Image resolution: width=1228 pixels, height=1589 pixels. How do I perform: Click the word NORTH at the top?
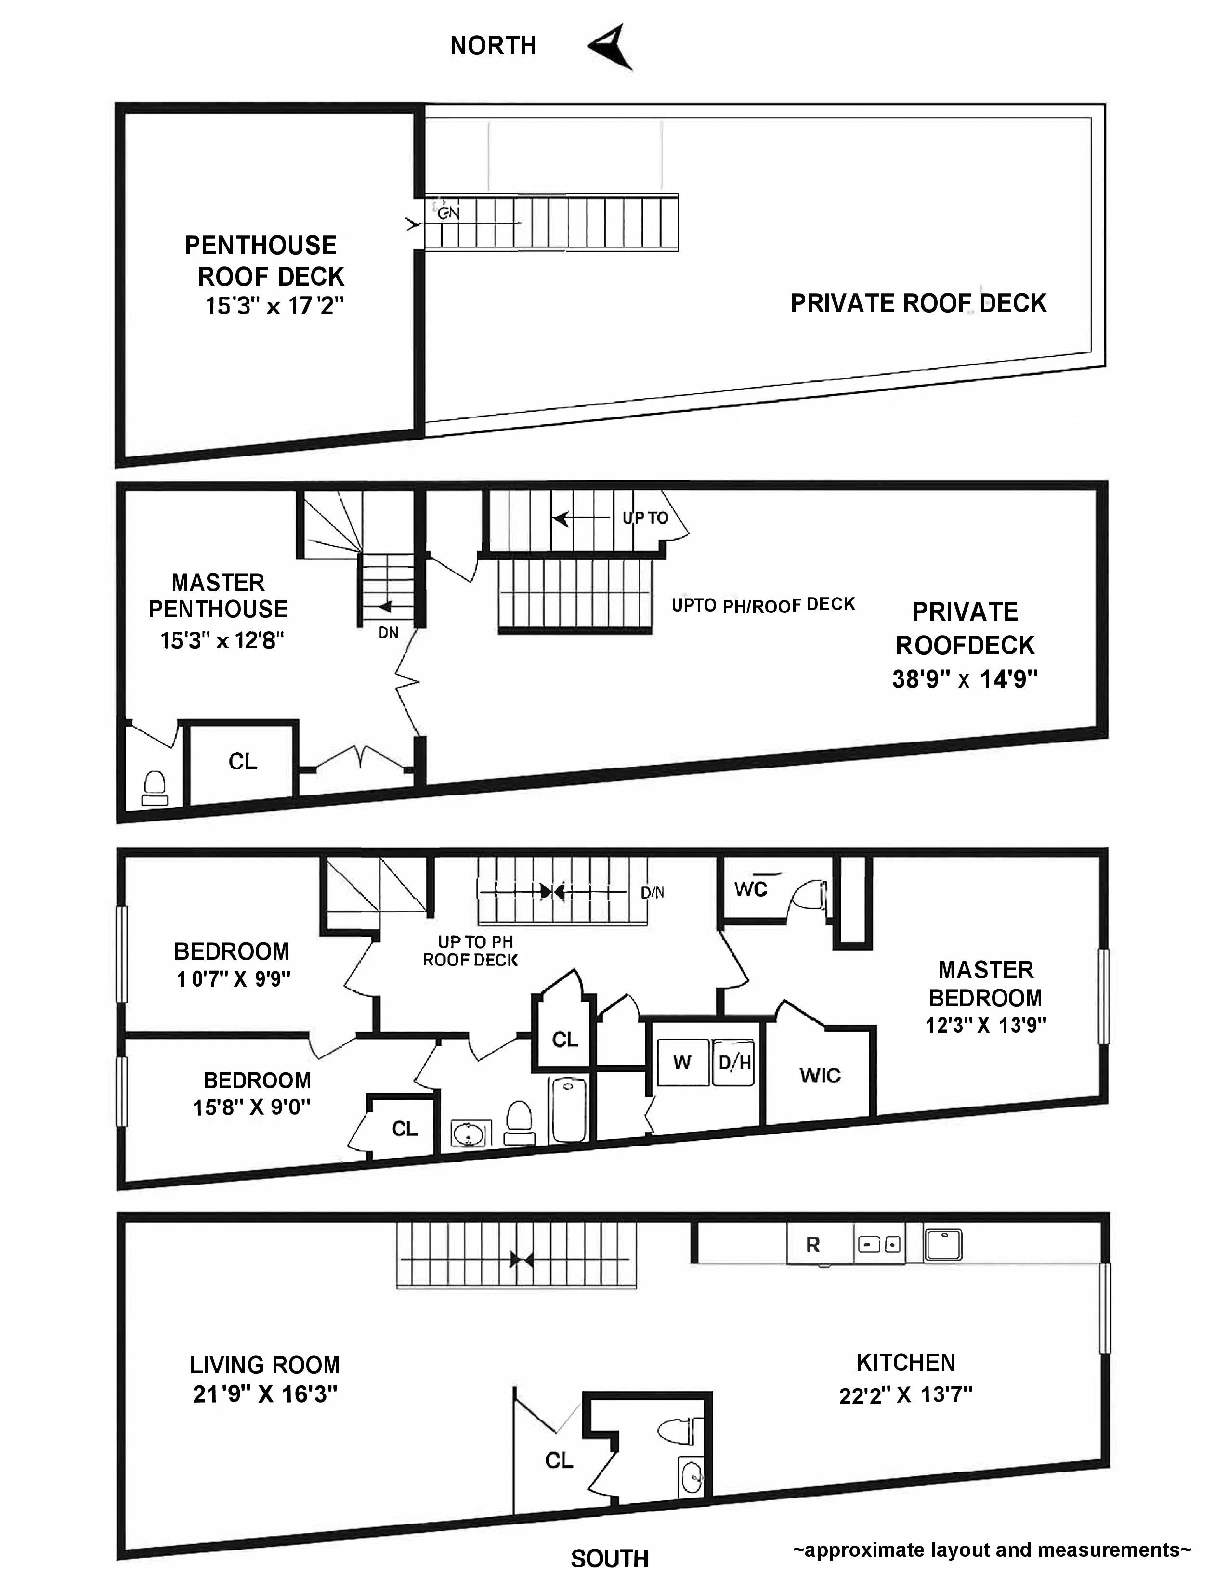493,46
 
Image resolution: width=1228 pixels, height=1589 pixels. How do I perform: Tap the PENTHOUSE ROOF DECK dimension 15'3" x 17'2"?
274,306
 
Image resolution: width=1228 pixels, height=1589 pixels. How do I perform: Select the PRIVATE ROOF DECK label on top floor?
918,303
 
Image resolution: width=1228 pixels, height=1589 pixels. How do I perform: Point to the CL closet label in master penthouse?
242,762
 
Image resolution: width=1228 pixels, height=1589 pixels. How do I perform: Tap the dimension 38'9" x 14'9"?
965,679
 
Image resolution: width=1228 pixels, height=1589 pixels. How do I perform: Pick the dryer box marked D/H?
734,1063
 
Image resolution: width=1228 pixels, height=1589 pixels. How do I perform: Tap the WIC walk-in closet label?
820,1075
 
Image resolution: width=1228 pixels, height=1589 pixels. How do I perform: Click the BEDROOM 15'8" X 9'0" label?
252,1094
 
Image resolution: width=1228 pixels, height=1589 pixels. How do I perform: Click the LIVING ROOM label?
265,1365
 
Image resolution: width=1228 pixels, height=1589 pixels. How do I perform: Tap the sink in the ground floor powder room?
692,1477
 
